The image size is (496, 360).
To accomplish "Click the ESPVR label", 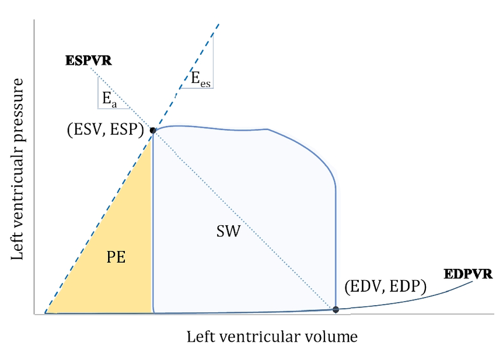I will (89, 60).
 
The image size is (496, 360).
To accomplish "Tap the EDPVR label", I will (468, 274).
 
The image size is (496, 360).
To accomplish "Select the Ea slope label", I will (109, 99).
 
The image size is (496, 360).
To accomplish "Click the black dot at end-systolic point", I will (153, 130).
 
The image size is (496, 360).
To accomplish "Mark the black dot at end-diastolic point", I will (336, 309).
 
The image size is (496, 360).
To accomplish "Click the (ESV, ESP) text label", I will (106, 130).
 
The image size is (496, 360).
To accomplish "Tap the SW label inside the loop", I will (228, 232).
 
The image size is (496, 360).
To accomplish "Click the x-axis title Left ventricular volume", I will (271, 337).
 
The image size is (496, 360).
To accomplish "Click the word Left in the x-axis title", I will (198, 337).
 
